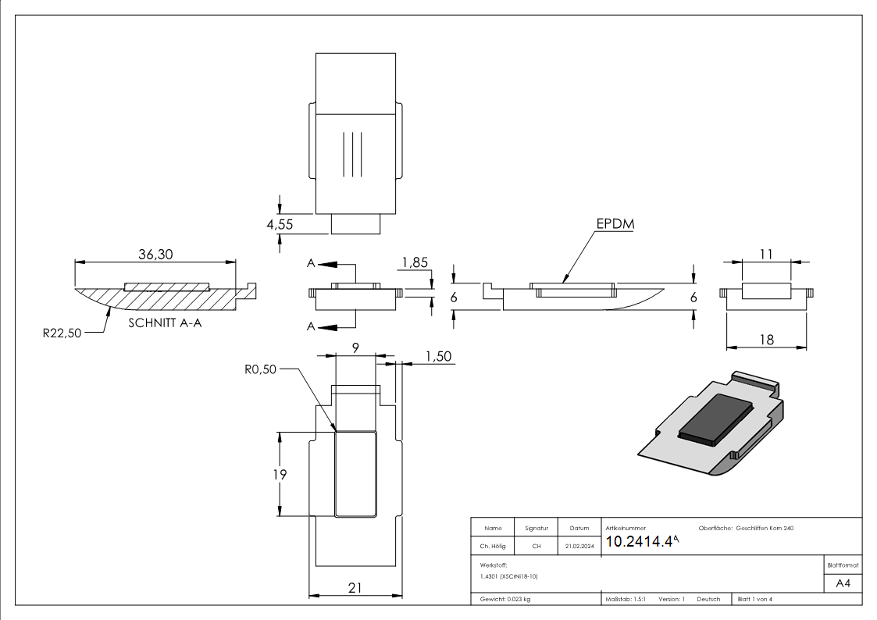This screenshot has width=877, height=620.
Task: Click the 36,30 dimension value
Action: click(155, 255)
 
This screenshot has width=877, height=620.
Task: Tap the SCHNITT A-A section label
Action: click(165, 322)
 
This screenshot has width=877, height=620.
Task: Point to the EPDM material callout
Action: click(615, 224)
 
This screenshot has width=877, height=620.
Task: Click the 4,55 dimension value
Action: click(280, 224)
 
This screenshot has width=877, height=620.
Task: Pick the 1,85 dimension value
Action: click(414, 263)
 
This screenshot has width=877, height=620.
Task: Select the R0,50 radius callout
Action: click(260, 369)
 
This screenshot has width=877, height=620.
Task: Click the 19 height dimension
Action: click(280, 474)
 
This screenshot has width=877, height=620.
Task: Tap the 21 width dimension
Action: click(355, 586)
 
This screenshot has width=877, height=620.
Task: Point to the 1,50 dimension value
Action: click(438, 356)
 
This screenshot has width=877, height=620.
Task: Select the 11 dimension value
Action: click(766, 253)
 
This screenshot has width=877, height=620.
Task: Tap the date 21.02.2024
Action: click(579, 547)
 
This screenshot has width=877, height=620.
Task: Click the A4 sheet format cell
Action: click(843, 583)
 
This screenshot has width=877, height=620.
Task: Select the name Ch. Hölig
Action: click(492, 547)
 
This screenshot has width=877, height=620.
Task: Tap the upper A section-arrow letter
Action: click(311, 264)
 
